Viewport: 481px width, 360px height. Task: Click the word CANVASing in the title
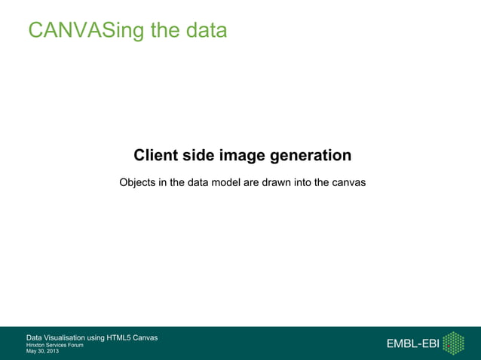(79, 31)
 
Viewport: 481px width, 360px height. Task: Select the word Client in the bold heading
(156, 156)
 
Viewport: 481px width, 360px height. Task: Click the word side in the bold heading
(199, 156)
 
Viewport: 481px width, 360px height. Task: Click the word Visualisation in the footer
(76, 337)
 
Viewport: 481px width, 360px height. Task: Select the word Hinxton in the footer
(35, 344)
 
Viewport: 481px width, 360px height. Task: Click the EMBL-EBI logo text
(412, 344)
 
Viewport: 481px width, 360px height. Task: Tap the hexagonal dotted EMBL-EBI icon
(453, 343)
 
